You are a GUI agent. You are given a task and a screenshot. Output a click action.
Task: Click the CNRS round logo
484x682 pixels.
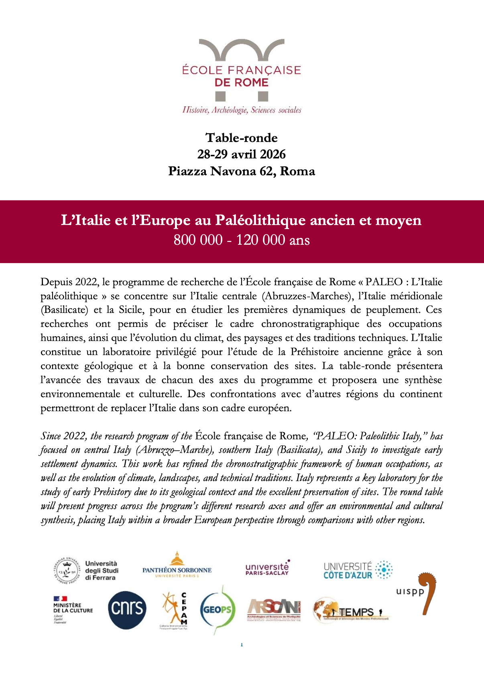(127, 609)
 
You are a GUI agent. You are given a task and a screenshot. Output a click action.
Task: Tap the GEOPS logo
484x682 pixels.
(217, 609)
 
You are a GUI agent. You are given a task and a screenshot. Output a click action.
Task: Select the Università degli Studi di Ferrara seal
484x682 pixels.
(67, 570)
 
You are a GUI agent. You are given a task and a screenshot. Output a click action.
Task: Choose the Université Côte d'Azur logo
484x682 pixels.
(358, 570)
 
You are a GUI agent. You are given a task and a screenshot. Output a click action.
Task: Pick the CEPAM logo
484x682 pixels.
(175, 611)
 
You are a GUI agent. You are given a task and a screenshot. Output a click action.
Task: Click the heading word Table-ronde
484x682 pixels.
(242, 138)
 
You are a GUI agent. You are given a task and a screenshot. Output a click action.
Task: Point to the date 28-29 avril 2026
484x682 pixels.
(242, 154)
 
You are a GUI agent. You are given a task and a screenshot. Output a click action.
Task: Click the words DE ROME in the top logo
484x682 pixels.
(242, 83)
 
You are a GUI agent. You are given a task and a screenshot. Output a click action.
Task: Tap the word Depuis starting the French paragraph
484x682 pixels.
(55, 282)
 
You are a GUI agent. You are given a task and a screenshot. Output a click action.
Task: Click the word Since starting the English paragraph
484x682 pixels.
(51, 436)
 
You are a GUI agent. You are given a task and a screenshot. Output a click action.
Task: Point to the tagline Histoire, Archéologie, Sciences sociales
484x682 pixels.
(242, 110)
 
